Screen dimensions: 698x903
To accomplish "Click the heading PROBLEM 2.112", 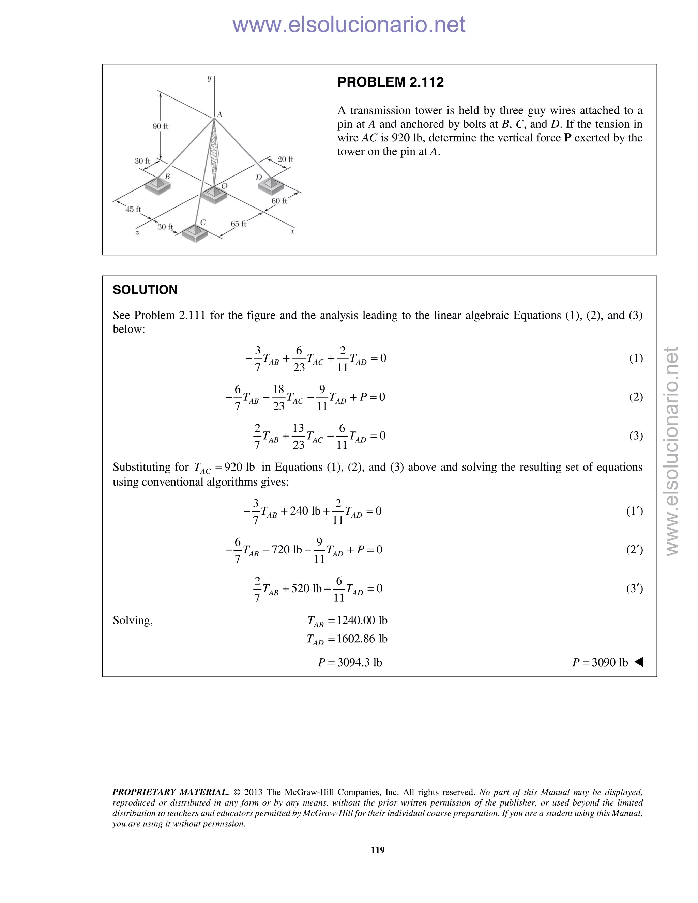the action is [x=390, y=82].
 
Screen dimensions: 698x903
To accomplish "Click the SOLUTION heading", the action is [x=145, y=290].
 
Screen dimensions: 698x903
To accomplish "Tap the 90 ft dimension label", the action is [x=161, y=126].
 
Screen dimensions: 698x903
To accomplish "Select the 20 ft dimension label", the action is [x=285, y=159].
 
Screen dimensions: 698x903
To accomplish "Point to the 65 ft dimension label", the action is [x=238, y=224].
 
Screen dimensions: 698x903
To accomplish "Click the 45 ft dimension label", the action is [x=133, y=209].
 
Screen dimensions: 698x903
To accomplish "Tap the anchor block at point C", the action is [x=195, y=234].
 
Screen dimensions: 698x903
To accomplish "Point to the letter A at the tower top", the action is [x=219, y=114].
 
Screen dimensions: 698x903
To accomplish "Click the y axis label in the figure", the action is [x=210, y=78].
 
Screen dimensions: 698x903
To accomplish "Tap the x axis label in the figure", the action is [x=292, y=231].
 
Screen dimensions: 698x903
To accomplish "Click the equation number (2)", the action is [x=636, y=397].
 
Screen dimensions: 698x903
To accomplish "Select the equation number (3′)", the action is [x=634, y=588].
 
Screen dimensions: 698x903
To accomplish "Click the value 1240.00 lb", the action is [x=362, y=620].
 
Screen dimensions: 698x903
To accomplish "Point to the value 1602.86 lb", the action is [x=362, y=639].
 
